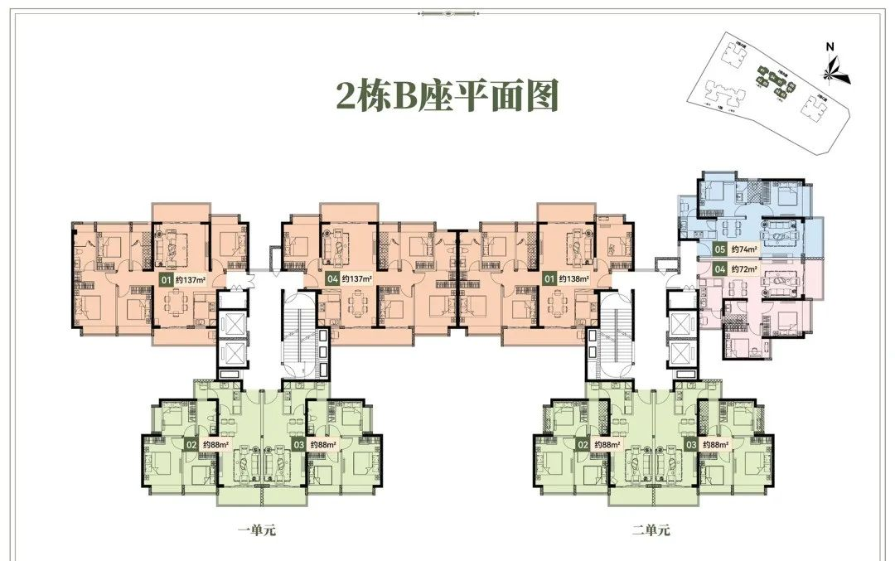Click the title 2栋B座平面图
[447, 96]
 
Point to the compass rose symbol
[833, 69]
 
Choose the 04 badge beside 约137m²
[333, 279]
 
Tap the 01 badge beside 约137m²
[166, 279]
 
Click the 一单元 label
[255, 530]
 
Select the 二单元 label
[650, 530]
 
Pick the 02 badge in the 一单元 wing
[191, 445]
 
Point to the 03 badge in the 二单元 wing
[690, 445]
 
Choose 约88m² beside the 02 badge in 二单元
[607, 445]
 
